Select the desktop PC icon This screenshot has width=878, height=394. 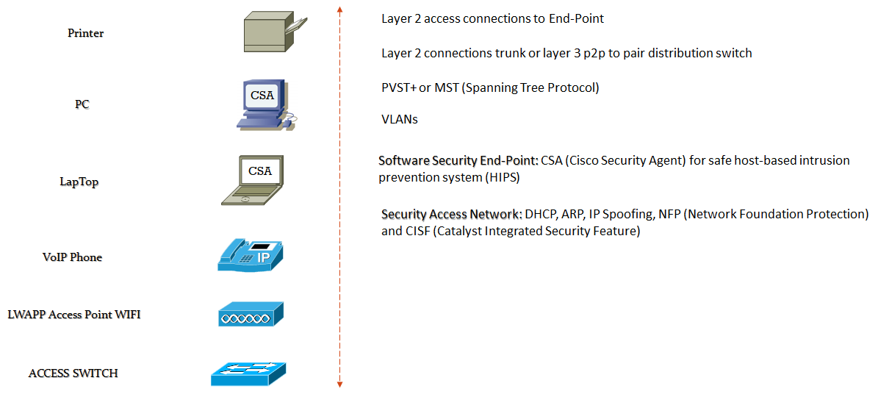point(265,105)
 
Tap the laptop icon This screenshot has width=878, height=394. point(254,181)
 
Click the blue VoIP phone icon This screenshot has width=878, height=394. point(250,254)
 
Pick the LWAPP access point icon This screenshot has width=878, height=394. point(251,315)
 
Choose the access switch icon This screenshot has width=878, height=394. point(248,373)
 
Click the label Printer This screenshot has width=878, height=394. point(85,33)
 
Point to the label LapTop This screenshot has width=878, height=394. point(79,182)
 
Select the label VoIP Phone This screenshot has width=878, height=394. point(72,257)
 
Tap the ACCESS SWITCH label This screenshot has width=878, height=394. point(73,373)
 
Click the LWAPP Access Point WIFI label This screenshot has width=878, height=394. point(73,315)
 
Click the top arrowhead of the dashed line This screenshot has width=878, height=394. point(339,9)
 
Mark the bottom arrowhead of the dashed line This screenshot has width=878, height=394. point(339,384)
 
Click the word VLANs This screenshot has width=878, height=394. point(400,119)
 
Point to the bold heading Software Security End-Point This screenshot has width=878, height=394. point(458,160)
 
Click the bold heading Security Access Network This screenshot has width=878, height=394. point(451,214)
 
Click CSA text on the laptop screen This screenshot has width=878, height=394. point(260,171)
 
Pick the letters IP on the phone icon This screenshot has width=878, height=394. point(264,257)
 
